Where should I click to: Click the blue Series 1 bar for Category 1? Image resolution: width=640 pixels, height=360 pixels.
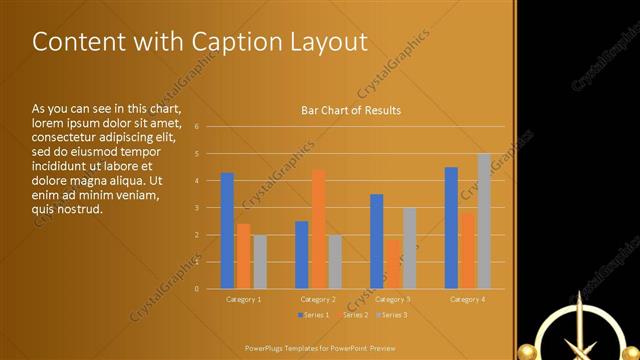pyautogui.click(x=227, y=231)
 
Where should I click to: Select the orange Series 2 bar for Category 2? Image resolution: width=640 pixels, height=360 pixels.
pyautogui.click(x=318, y=229)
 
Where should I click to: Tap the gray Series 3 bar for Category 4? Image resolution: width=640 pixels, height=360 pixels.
pyautogui.click(x=484, y=221)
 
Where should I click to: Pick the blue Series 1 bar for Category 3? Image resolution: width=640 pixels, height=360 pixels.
pyautogui.click(x=376, y=241)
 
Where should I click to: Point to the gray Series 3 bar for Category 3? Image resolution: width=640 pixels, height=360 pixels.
pyautogui.click(x=409, y=248)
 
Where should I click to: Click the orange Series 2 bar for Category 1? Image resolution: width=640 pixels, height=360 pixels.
pyautogui.click(x=243, y=256)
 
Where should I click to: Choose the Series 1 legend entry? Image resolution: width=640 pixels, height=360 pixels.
pyautogui.click(x=314, y=315)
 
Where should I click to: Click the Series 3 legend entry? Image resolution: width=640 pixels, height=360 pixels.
pyautogui.click(x=393, y=315)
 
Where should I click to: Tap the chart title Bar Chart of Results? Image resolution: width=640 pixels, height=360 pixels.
pyautogui.click(x=351, y=110)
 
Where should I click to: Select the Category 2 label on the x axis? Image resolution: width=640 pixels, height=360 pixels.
pyautogui.click(x=318, y=299)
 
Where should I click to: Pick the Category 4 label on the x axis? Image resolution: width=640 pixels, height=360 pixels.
pyautogui.click(x=467, y=299)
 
